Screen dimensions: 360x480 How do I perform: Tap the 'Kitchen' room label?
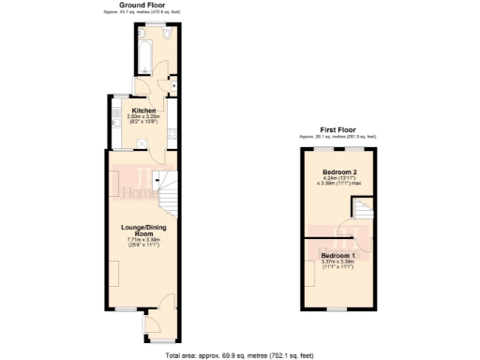tap(143, 110)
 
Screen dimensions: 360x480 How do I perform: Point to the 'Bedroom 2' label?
tap(338, 172)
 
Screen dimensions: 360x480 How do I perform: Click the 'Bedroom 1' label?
tap(337, 256)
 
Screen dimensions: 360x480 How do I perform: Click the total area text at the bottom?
tap(240, 355)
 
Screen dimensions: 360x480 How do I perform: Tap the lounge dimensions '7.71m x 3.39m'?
tap(144, 240)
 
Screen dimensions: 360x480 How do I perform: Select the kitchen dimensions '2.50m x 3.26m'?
tap(143, 116)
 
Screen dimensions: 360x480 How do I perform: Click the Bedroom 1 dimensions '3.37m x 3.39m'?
tap(337, 262)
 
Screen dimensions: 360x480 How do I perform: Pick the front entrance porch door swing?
tap(161, 302)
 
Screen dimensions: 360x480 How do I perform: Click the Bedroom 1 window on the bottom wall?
tap(338, 309)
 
